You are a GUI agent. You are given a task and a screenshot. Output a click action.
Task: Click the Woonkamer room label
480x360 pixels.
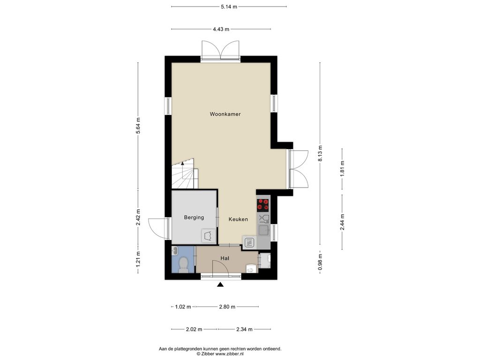click(225, 114)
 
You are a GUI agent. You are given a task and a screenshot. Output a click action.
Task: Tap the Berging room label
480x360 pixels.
click(194, 217)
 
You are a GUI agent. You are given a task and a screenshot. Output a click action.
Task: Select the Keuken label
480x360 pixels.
click(238, 219)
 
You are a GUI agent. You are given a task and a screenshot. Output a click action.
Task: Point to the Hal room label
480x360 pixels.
click(225, 258)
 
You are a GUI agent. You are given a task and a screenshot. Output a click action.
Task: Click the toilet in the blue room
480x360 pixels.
click(183, 264)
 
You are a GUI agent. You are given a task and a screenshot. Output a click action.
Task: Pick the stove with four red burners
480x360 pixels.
click(263, 205)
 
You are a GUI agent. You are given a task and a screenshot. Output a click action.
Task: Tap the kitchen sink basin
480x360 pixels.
click(263, 230)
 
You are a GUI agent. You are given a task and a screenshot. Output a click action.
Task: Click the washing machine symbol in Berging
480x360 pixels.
click(209, 236)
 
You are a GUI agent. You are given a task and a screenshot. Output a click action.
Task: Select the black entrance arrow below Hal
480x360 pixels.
click(220, 285)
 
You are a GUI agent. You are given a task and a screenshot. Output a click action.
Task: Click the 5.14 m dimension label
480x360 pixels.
click(229, 7)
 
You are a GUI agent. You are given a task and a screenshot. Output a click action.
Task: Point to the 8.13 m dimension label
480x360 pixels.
click(320, 154)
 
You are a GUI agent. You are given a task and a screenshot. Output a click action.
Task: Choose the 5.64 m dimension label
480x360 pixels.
click(138, 126)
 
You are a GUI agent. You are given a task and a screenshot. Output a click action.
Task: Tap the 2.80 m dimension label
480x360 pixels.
click(227, 307)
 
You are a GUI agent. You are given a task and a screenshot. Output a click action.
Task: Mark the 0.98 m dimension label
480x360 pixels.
click(320, 262)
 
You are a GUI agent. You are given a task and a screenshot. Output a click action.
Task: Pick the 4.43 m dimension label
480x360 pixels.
click(221, 30)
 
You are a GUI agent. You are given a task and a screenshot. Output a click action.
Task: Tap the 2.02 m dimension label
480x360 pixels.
click(194, 330)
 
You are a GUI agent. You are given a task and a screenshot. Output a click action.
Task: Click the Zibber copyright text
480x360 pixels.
click(220, 354)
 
